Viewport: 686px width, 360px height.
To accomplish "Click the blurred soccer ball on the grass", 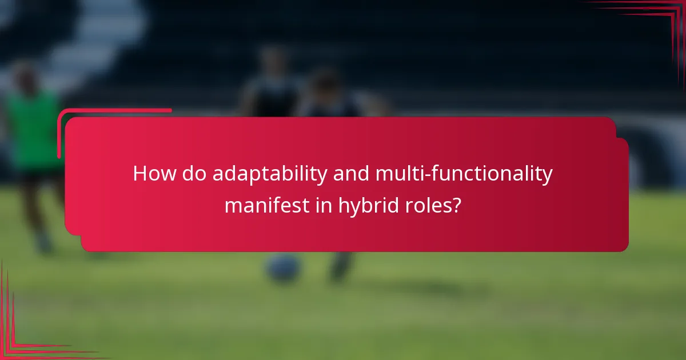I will pos(284,267).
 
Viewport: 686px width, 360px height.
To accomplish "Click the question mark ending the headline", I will pos(456,205).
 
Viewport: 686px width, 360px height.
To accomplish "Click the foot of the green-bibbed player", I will pos(43,246).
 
